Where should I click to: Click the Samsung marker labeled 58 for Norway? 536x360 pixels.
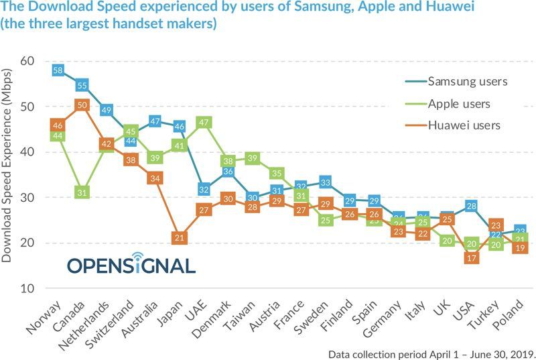click(58, 70)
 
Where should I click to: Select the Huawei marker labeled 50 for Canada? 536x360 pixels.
click(82, 105)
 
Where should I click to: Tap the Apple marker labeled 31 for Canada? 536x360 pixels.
click(82, 192)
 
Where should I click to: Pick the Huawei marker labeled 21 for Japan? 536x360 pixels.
click(180, 237)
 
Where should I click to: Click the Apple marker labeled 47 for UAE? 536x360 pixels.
click(204, 122)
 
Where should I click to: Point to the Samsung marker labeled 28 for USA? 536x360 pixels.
click(472, 206)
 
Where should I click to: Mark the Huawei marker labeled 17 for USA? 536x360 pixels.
click(472, 257)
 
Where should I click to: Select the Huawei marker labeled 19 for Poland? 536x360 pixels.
click(521, 247)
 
